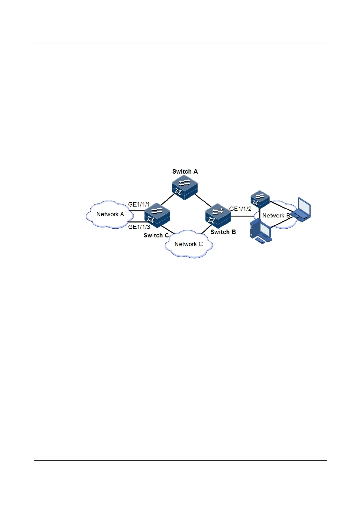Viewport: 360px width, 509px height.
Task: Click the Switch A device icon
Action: pos(184,188)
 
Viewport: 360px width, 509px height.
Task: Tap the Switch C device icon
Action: pos(157,215)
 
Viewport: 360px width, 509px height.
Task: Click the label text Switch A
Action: pos(185,171)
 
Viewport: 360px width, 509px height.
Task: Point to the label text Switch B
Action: pos(223,232)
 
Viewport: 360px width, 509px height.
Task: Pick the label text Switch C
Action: pos(156,235)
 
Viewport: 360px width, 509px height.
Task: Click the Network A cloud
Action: pos(109,214)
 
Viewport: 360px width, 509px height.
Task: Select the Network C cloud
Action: pos(189,244)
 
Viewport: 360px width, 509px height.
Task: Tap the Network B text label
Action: pos(276,216)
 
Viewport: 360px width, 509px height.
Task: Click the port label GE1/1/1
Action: pos(139,204)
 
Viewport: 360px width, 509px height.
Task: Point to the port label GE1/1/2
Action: pos(240,209)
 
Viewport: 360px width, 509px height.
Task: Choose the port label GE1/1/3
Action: pos(139,227)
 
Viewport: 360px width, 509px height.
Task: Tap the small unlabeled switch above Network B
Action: pos(260,199)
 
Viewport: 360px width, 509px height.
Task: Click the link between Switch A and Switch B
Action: pos(203,201)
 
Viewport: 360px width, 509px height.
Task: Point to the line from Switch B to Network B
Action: pos(242,216)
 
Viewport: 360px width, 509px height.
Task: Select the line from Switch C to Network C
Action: pos(168,230)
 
